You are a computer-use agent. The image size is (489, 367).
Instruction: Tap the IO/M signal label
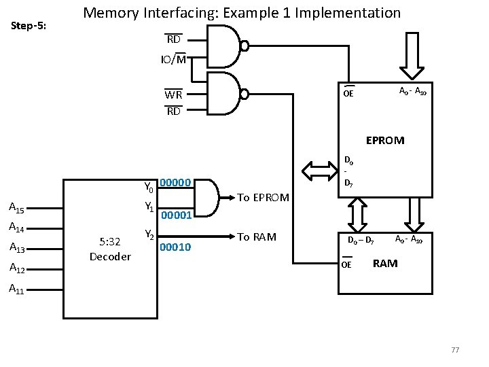click(x=173, y=60)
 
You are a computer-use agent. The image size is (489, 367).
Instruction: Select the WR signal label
click(x=173, y=95)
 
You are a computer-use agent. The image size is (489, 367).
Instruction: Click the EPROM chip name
click(x=384, y=141)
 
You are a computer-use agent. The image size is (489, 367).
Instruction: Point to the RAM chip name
click(x=385, y=264)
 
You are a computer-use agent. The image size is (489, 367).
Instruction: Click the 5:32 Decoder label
click(x=110, y=249)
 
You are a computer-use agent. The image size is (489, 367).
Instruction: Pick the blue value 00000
click(x=179, y=183)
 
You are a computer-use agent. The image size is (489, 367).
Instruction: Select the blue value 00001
click(x=178, y=215)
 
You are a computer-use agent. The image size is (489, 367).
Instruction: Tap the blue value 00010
click(x=175, y=247)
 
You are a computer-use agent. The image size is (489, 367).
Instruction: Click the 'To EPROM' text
click(x=263, y=198)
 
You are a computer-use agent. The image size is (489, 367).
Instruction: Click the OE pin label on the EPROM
click(x=348, y=93)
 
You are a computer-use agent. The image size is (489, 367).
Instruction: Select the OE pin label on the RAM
click(x=347, y=264)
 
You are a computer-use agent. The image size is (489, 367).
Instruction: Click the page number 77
click(x=455, y=350)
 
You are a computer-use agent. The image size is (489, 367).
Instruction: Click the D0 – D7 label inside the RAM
click(x=360, y=241)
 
